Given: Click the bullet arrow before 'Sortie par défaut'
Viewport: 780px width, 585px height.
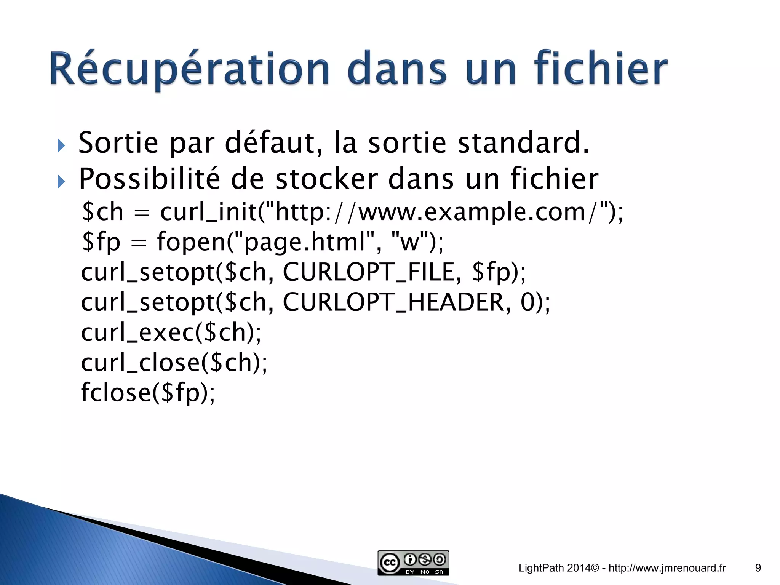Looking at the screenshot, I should tap(61, 145).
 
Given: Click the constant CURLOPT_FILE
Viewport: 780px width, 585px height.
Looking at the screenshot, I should tap(369, 272).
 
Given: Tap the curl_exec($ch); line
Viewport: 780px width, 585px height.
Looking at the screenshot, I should tap(171, 332).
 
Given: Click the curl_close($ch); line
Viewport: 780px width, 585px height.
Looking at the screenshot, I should tap(174, 362).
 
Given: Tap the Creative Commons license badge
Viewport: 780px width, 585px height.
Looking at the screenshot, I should tap(413, 563).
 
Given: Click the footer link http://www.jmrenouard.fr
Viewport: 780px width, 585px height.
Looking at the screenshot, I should tap(667, 568).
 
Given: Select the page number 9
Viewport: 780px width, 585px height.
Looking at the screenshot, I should tap(758, 568).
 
